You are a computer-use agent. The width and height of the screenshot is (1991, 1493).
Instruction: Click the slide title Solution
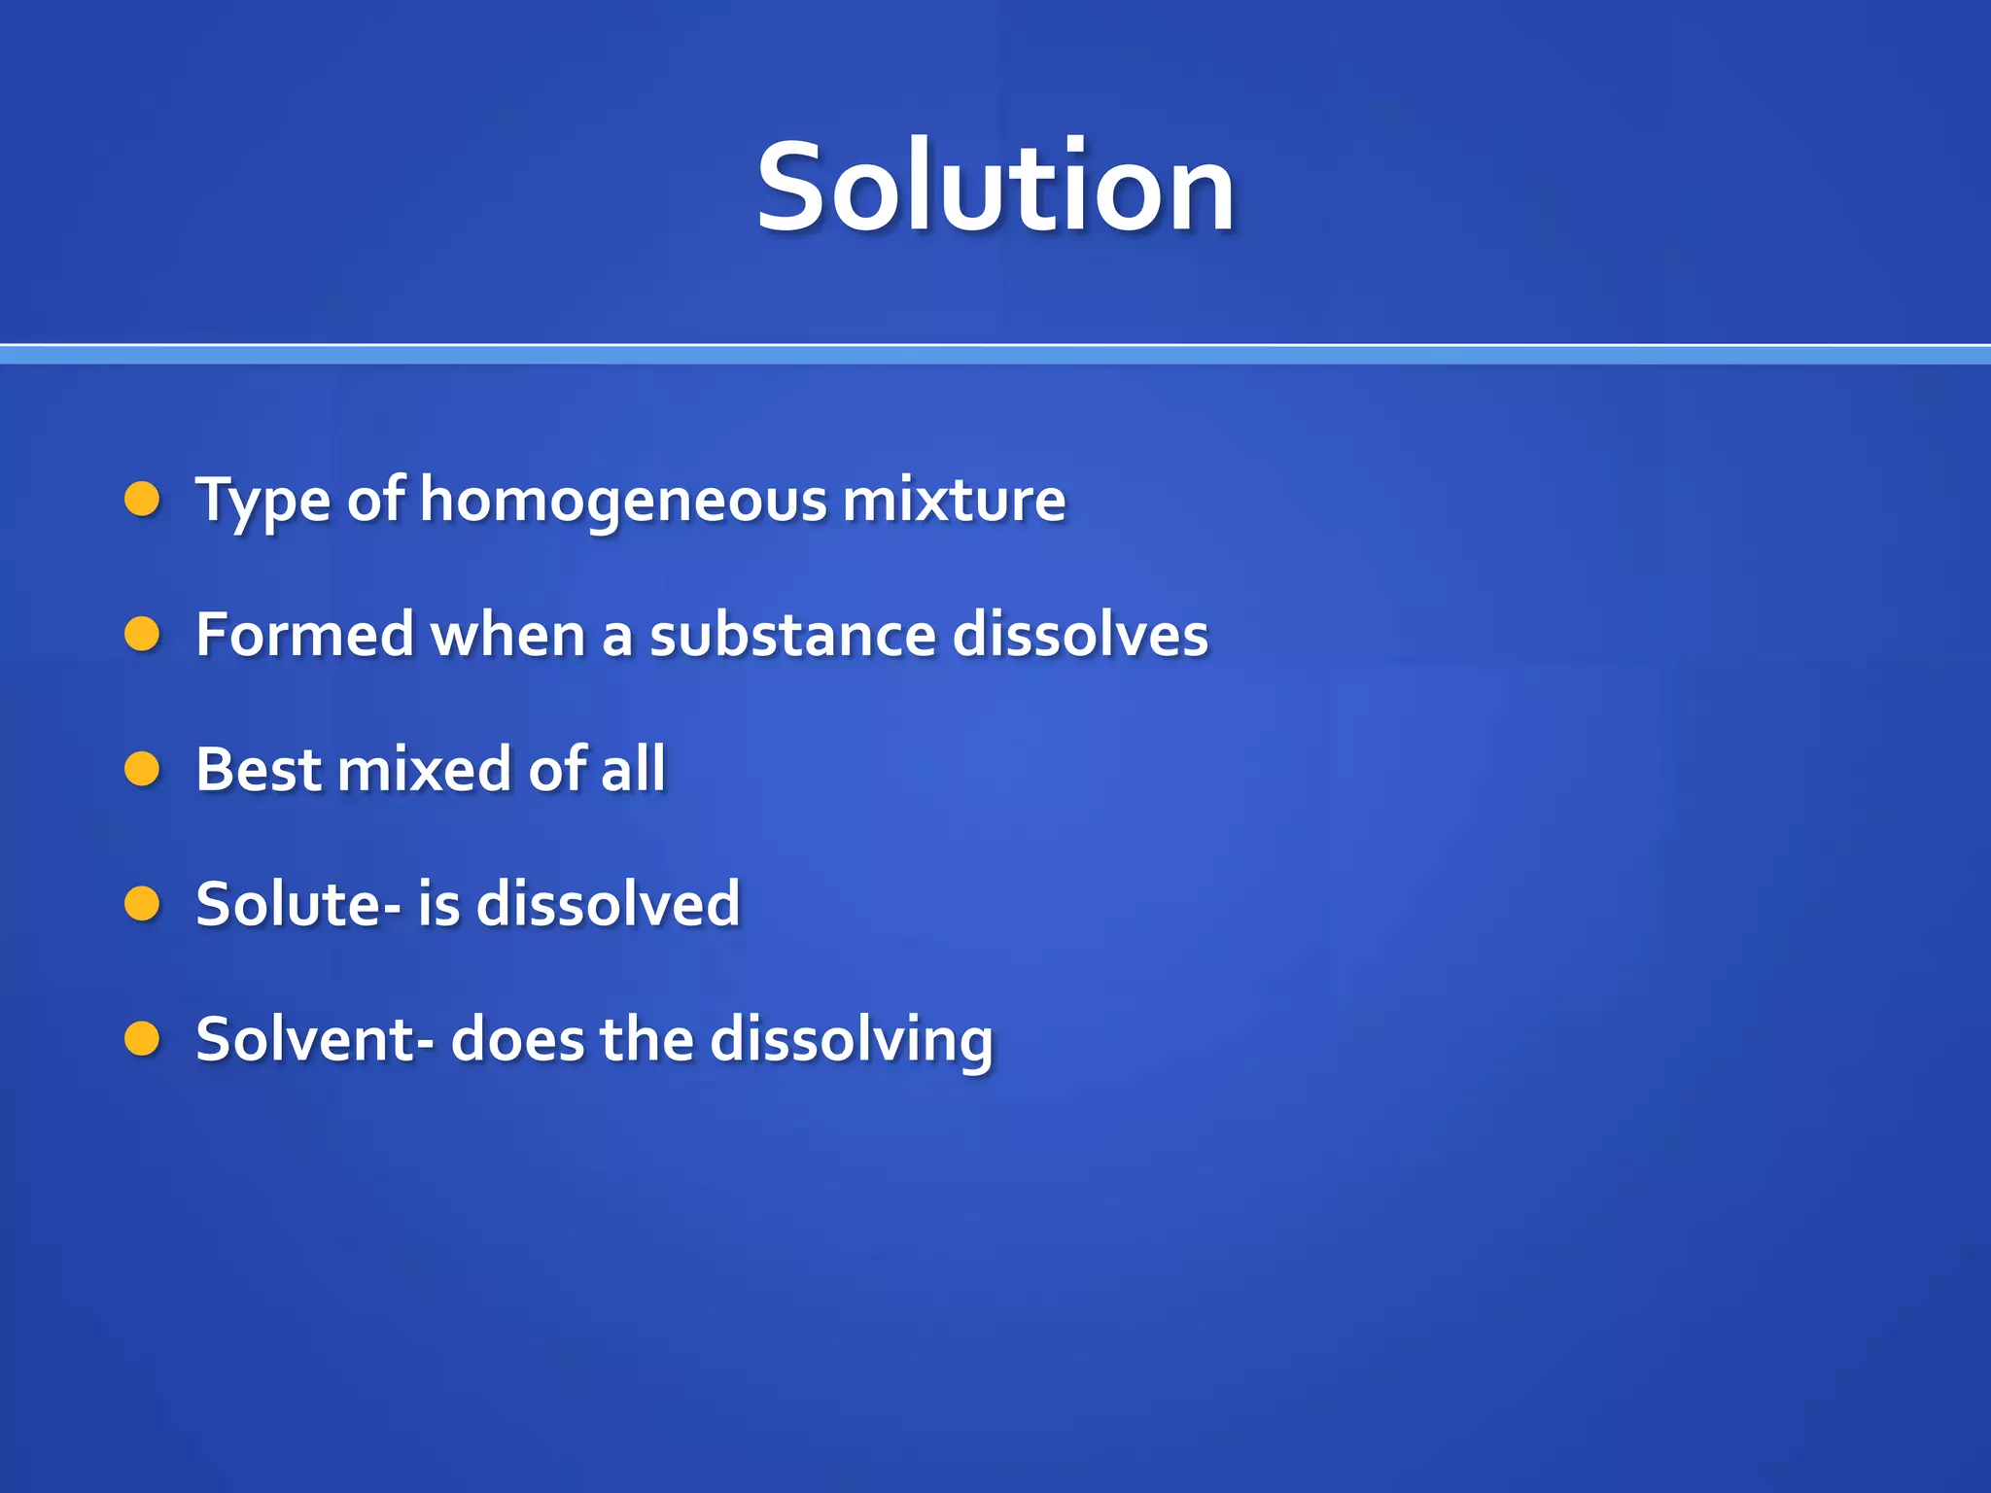click(995, 187)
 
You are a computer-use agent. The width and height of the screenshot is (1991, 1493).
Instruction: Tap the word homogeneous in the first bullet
click(623, 501)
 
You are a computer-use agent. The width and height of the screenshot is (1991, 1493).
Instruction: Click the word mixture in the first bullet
click(954, 500)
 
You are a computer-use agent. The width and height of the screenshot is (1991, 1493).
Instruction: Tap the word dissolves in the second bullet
click(1080, 635)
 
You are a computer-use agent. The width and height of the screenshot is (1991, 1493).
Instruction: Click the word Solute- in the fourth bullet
click(297, 904)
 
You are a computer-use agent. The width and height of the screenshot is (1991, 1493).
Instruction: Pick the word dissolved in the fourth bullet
click(609, 904)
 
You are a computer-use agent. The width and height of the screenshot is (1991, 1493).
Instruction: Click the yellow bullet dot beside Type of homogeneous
click(142, 500)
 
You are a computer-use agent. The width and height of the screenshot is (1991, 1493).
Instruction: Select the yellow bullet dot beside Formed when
click(142, 635)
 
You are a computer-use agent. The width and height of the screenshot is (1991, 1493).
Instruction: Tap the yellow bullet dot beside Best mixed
click(142, 770)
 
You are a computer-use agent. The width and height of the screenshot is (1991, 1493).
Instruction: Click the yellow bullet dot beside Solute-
click(142, 904)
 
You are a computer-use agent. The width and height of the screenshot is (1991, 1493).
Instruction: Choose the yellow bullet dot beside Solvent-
click(142, 1039)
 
